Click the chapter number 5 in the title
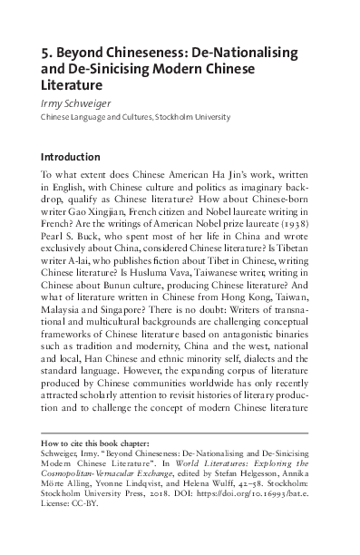tap(47, 54)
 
